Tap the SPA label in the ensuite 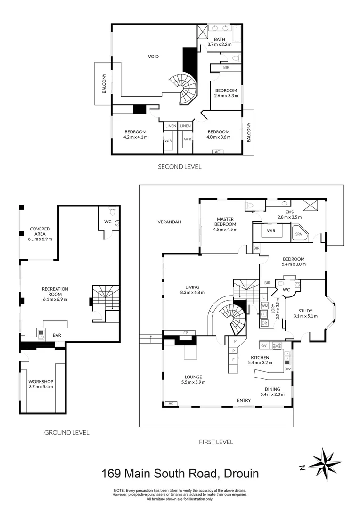tap(298, 234)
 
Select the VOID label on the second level tap(153, 57)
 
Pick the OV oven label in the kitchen tap(264, 345)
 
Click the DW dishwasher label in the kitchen tap(287, 369)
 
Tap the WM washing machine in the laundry tap(264, 306)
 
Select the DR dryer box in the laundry tap(264, 323)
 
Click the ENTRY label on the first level tap(244, 401)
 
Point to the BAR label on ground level tap(57, 335)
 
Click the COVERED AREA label tap(40, 234)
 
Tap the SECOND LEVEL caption tap(180, 166)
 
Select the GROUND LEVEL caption tap(66, 432)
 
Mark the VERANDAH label tap(170, 222)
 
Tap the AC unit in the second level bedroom tap(217, 152)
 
